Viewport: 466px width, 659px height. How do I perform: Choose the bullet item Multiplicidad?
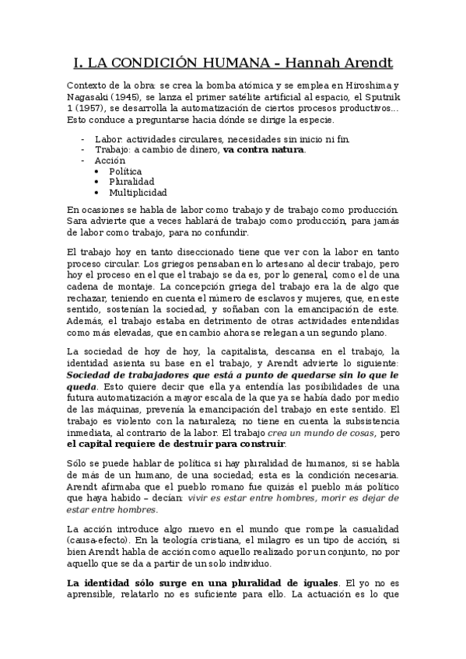[x=138, y=193]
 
